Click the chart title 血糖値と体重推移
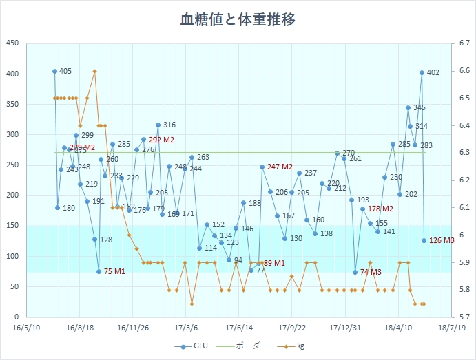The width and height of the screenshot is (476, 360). pyautogui.click(x=238, y=19)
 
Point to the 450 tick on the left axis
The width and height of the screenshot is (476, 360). pyautogui.click(x=13, y=43)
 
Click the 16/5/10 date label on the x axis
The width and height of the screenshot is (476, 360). pyautogui.click(x=27, y=328)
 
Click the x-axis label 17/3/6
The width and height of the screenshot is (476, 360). pyautogui.click(x=186, y=328)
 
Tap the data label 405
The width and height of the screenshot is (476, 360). pyautogui.click(x=65, y=72)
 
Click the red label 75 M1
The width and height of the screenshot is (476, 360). pyautogui.click(x=114, y=272)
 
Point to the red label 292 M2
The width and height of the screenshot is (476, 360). pyautogui.click(x=161, y=140)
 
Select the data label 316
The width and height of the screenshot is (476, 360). pyautogui.click(x=169, y=125)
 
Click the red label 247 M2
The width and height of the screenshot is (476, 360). pyautogui.click(x=280, y=167)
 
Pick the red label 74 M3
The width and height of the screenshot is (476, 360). pyautogui.click(x=371, y=273)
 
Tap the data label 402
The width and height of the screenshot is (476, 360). pyautogui.click(x=433, y=72)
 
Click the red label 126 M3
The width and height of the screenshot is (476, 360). pyautogui.click(x=442, y=240)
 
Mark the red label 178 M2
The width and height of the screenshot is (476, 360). pyautogui.click(x=380, y=209)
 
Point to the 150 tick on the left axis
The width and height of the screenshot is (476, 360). pyautogui.click(x=13, y=226)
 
